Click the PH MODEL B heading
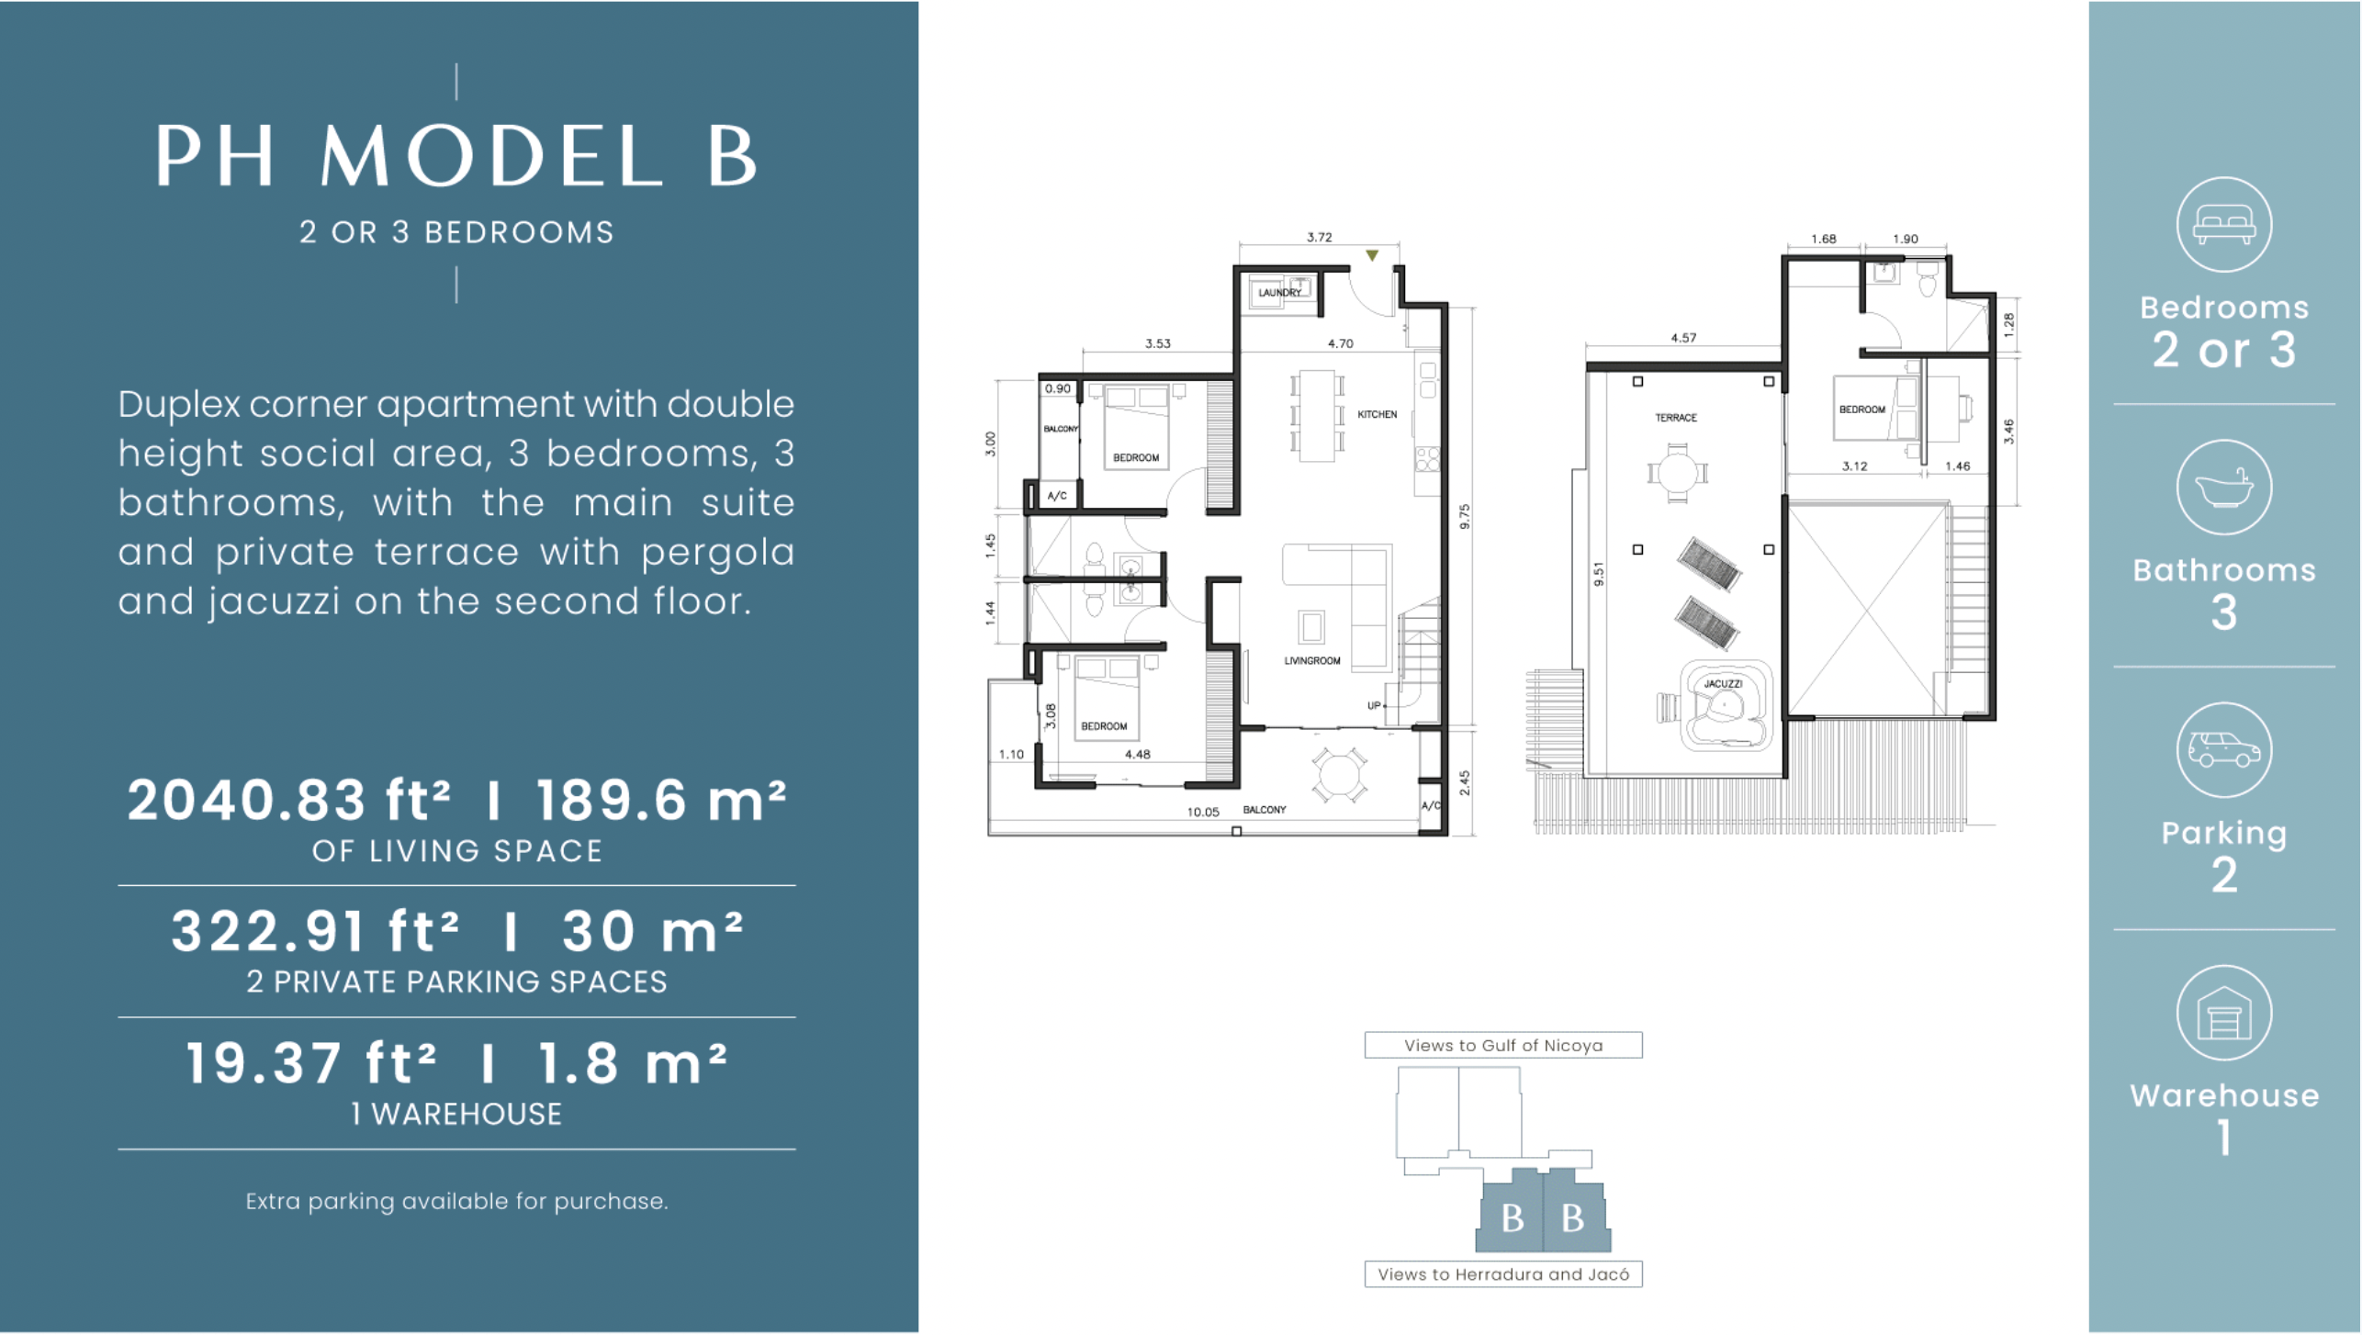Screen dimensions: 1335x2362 456,157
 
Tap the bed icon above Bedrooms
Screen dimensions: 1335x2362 2222,225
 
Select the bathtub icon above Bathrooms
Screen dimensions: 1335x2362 2222,488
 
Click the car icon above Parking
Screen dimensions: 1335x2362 2222,750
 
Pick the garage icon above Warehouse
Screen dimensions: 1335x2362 2222,1014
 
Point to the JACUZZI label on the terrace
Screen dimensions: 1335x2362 1722,684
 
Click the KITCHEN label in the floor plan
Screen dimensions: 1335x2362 1377,415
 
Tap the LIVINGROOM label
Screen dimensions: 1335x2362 1311,661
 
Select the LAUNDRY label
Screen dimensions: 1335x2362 1278,293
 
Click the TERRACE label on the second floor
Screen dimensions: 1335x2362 1675,418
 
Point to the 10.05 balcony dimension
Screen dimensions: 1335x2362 1202,813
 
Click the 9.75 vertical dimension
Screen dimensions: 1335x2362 1465,516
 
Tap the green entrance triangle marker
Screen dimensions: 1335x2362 1371,256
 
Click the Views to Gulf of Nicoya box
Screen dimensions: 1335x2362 1502,1046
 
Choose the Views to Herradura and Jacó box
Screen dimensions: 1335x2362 1502,1274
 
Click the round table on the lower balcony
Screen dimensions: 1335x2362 1338,774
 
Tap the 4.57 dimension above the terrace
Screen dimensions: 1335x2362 1682,338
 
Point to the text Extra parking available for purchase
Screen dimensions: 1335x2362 456,1202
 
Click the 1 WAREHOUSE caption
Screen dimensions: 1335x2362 456,1115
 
